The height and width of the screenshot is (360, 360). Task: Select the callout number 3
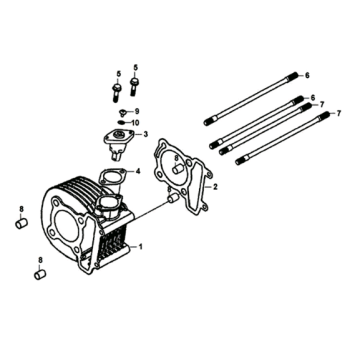[147, 134]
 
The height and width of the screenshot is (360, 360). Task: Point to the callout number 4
[138, 172]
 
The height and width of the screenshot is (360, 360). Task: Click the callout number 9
[137, 110]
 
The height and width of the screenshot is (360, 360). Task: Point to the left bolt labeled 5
[117, 93]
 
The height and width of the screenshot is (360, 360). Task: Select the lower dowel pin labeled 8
[39, 271]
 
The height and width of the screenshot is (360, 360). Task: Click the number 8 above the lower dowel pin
[39, 259]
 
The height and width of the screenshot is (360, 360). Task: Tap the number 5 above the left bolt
[117, 75]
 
